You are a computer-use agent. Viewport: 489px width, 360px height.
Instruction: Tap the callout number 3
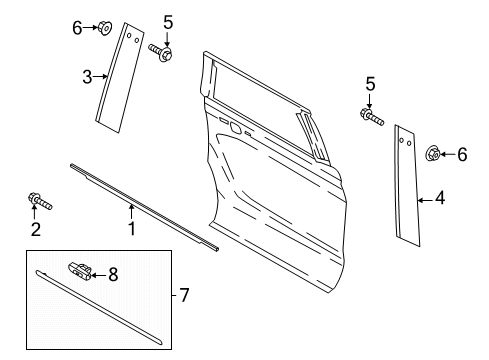pos(88,76)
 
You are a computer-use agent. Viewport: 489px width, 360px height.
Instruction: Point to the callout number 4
pos(439,200)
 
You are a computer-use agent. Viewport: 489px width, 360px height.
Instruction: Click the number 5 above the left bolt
pos(168,22)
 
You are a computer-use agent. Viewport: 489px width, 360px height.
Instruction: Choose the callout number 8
pos(113,272)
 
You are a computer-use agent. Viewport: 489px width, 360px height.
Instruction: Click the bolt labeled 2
pos(39,204)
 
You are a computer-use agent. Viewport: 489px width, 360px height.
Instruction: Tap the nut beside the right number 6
pos(435,153)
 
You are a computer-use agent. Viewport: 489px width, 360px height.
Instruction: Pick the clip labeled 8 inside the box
pos(82,269)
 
